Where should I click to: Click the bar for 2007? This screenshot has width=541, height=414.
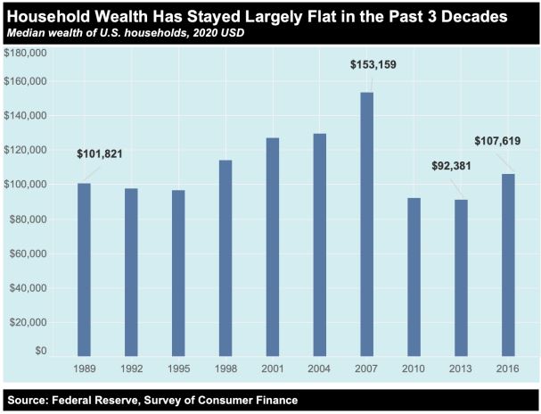(x=367, y=223)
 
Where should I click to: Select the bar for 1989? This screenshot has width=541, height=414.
(x=84, y=269)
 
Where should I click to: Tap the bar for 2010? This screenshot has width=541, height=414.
(x=414, y=276)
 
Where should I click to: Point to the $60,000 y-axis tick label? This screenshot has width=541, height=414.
(x=28, y=253)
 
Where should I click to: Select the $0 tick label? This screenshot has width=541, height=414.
(x=40, y=351)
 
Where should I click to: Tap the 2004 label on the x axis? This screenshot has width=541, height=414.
(x=320, y=368)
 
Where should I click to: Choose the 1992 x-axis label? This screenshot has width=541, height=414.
(x=131, y=368)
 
